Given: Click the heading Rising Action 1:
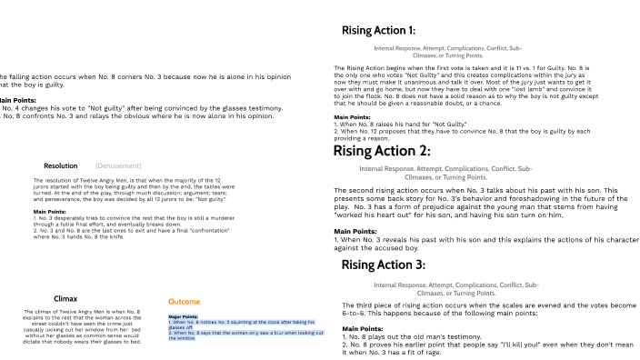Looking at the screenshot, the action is [391, 31].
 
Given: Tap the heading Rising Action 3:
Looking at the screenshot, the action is [395, 265].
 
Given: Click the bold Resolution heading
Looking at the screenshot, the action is [60, 165].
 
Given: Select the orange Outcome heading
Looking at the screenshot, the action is [185, 301].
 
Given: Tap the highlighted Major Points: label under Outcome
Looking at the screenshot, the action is [183, 316].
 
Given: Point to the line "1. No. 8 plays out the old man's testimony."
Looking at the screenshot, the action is [422, 335].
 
